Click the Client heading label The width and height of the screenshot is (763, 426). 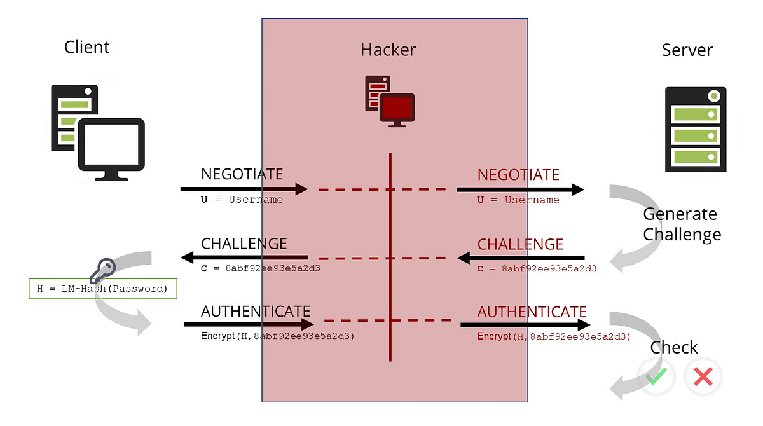[x=87, y=47]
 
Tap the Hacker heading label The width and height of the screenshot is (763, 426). [x=388, y=50]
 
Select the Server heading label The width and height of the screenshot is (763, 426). [x=687, y=50]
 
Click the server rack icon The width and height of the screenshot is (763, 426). [x=695, y=130]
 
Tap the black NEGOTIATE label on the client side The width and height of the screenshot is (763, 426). [x=242, y=174]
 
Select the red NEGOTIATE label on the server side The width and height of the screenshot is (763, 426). [x=518, y=175]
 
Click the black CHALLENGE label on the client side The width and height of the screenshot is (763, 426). [x=244, y=244]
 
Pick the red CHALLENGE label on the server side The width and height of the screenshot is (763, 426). [x=520, y=244]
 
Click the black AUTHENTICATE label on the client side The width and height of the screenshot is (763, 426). [x=256, y=312]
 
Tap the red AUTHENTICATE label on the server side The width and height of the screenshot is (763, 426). [x=532, y=312]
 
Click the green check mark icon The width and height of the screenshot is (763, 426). [x=657, y=377]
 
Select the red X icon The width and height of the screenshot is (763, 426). [x=703, y=377]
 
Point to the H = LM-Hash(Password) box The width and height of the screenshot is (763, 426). [x=102, y=289]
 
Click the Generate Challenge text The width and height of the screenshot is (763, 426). [x=682, y=224]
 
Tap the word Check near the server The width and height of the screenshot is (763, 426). [x=674, y=348]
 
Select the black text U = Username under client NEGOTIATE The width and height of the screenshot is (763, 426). [x=242, y=200]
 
